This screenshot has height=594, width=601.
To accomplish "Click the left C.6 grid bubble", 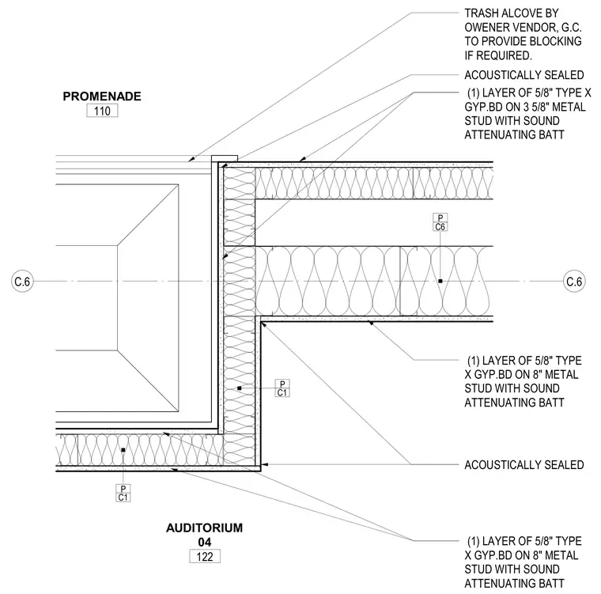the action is pyautogui.click(x=22, y=282).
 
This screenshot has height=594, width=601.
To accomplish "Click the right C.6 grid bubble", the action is pyautogui.click(x=574, y=282).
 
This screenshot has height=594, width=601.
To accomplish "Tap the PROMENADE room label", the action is pyautogui.click(x=102, y=96).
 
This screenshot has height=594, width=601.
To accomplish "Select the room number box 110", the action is pyautogui.click(x=102, y=111).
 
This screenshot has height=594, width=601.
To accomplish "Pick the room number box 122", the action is pyautogui.click(x=205, y=556).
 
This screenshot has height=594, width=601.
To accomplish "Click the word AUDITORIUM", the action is pyautogui.click(x=204, y=528).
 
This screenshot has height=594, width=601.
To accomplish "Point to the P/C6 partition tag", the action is pyautogui.click(x=440, y=222).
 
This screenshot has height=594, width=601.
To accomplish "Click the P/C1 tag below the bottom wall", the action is pyautogui.click(x=123, y=493).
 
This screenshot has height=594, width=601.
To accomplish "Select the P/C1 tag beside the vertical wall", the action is pyautogui.click(x=282, y=388).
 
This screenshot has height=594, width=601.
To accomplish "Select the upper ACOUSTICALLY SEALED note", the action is pyautogui.click(x=524, y=75).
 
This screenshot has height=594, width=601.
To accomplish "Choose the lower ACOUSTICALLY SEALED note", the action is pyautogui.click(x=524, y=465).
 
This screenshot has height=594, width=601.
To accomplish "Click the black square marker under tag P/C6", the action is pyautogui.click(x=440, y=281).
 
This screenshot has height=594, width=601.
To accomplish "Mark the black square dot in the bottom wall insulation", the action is pyautogui.click(x=123, y=450).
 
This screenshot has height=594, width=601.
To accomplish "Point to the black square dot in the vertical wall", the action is pyautogui.click(x=239, y=388).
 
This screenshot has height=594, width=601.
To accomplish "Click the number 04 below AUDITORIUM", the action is pyautogui.click(x=205, y=543).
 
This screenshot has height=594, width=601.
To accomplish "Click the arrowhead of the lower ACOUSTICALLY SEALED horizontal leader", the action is pyautogui.click(x=264, y=465).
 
